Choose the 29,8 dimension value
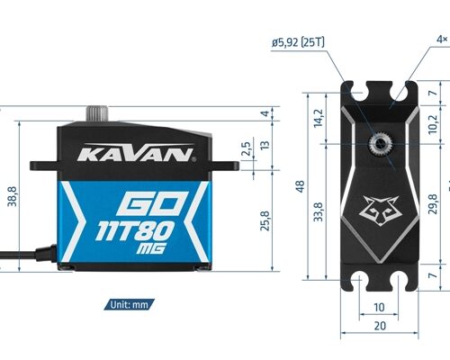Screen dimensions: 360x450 coord(433,205)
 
